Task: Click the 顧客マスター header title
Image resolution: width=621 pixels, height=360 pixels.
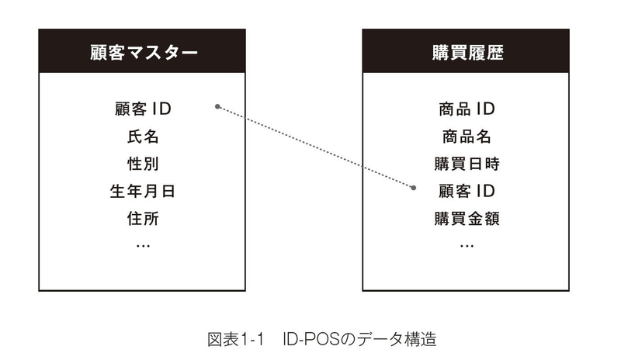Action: click(x=144, y=53)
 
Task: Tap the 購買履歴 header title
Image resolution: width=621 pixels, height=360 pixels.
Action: click(x=467, y=53)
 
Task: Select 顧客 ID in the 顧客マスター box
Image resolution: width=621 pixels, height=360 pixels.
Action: click(x=143, y=109)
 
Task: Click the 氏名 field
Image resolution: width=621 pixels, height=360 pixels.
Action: click(x=143, y=137)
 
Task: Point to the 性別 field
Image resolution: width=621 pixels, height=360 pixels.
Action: click(x=143, y=164)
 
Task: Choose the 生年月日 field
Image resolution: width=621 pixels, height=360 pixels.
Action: click(x=143, y=192)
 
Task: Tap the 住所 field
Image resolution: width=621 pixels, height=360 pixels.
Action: click(x=143, y=218)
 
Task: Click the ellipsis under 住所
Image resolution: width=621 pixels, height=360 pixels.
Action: click(x=143, y=246)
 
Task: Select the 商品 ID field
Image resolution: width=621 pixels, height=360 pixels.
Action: click(x=467, y=109)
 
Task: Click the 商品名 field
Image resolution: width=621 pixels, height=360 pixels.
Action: click(x=467, y=137)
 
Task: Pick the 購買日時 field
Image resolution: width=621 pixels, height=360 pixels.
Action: click(x=467, y=164)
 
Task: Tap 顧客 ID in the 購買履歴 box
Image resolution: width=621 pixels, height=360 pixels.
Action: click(x=467, y=192)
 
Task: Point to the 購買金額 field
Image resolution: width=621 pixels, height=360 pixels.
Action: click(x=467, y=218)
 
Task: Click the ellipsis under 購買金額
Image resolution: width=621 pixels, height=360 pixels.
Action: click(x=467, y=246)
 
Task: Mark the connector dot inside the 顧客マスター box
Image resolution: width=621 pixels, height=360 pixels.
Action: click(x=217, y=106)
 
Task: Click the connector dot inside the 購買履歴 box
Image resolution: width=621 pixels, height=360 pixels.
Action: click(x=414, y=188)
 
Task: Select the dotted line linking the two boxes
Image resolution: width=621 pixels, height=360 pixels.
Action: click(x=315, y=147)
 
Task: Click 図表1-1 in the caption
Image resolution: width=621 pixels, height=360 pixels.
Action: click(x=235, y=339)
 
